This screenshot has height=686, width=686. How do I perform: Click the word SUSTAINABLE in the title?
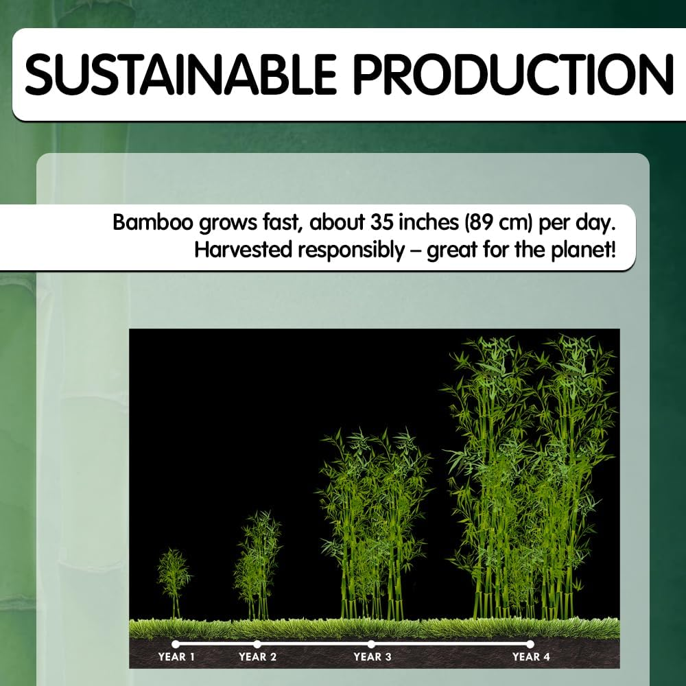[x=180, y=74]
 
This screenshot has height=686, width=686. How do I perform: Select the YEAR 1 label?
[x=176, y=657]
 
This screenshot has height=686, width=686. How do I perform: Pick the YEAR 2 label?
[x=258, y=657]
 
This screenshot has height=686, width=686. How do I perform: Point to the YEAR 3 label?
[x=372, y=657]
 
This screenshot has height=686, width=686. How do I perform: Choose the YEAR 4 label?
[x=531, y=657]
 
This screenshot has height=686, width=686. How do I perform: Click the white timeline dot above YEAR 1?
[x=176, y=644]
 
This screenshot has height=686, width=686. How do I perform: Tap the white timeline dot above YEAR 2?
[x=257, y=644]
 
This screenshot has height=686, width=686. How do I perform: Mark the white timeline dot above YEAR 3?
[x=371, y=644]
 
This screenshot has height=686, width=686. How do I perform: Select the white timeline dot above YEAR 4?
[x=530, y=644]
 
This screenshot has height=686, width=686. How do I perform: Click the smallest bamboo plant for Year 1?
[x=174, y=584]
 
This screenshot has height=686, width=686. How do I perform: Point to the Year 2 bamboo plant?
[x=258, y=565]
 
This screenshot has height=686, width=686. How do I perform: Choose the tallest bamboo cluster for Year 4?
[x=530, y=477]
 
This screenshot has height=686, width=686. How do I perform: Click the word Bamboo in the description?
[x=153, y=222]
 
